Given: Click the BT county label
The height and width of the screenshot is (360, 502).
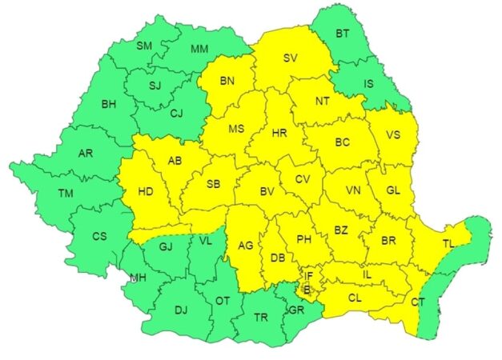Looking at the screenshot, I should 343,34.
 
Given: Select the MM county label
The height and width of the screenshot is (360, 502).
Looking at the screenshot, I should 199,49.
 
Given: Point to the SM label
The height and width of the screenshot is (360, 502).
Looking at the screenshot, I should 144,46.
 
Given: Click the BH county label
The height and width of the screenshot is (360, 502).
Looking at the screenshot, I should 109,103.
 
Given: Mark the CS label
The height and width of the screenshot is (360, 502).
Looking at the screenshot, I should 99,236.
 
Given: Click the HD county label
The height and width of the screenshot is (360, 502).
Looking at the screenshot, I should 145,192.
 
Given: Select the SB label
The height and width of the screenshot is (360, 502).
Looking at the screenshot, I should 213,185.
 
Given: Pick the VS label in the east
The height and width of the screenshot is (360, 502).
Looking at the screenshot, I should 392,135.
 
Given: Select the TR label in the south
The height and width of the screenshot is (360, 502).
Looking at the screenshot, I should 260,317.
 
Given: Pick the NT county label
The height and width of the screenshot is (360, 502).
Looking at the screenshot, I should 322,102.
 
